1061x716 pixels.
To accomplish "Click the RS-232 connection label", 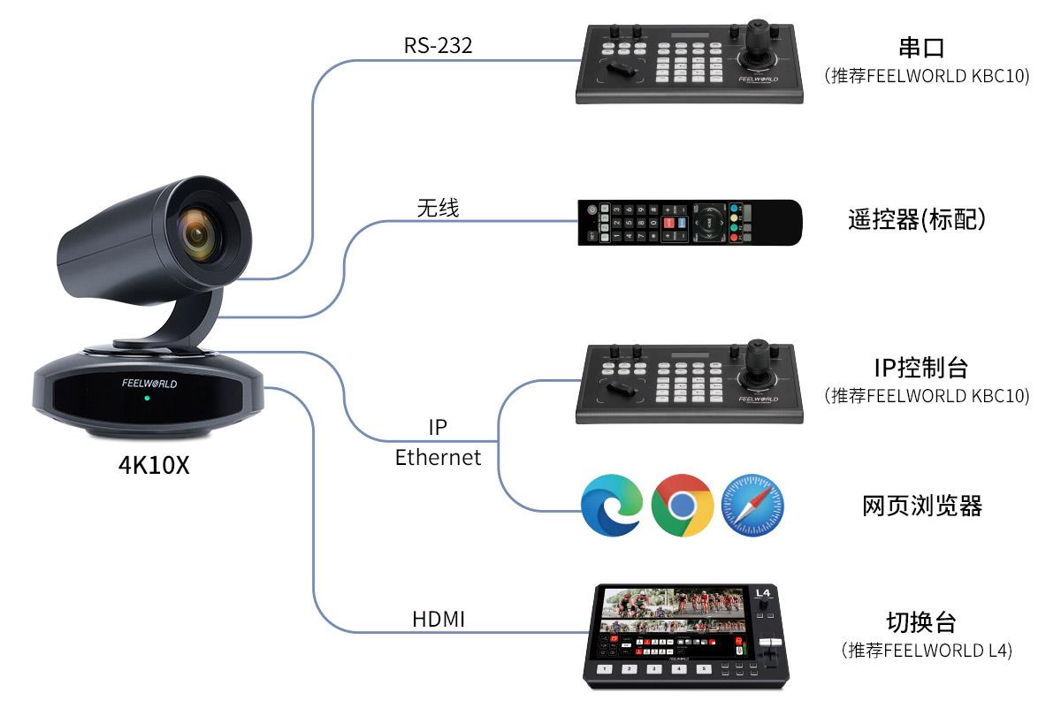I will [439, 45].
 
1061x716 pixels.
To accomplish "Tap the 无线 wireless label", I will [438, 208].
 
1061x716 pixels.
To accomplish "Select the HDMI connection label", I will [439, 619].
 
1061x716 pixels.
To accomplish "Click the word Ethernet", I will [438, 457].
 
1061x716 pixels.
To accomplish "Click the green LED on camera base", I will [147, 399].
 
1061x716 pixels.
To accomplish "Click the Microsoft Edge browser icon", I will [611, 506].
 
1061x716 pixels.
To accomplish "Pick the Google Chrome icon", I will [682, 506].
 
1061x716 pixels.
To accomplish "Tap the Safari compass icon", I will [753, 506].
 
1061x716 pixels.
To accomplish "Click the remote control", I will [690, 222].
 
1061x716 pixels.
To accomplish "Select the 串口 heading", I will [927, 48].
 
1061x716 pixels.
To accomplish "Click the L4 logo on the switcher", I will [763, 593].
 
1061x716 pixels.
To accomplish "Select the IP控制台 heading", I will [926, 367].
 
